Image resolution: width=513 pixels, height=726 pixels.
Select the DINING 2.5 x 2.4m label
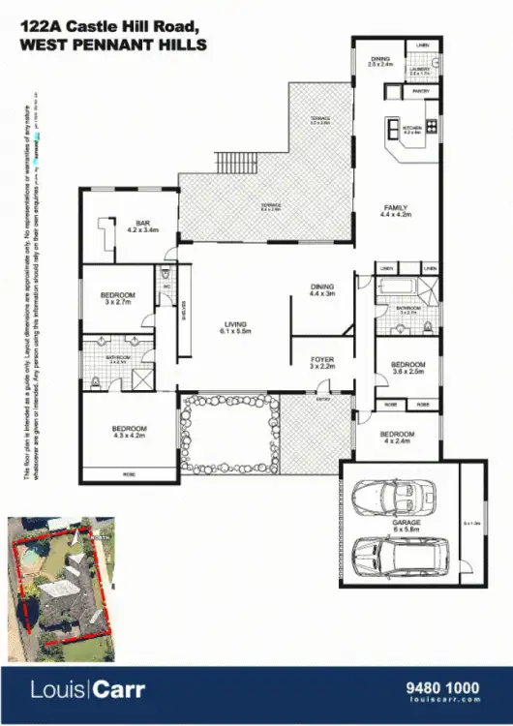point(380,62)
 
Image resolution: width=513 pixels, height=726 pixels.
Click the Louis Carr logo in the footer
point(86,691)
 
